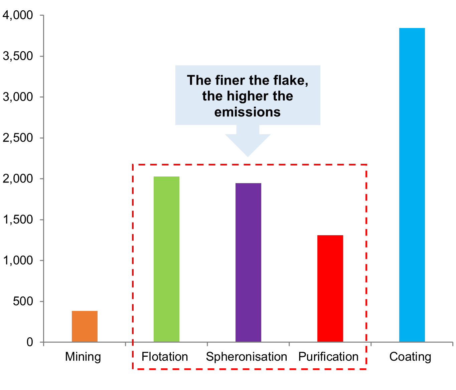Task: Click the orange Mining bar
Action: point(85,326)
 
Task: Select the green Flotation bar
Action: point(166,259)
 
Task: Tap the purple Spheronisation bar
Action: point(248,262)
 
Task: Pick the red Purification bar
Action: point(330,288)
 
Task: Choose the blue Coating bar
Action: point(412,185)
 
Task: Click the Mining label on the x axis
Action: point(83,357)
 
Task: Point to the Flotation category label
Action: point(164,357)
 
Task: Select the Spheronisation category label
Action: point(247,357)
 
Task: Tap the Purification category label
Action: point(328,357)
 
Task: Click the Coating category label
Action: point(410,357)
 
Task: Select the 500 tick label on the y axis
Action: point(23,301)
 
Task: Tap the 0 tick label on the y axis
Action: point(30,342)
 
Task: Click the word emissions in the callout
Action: point(247,112)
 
